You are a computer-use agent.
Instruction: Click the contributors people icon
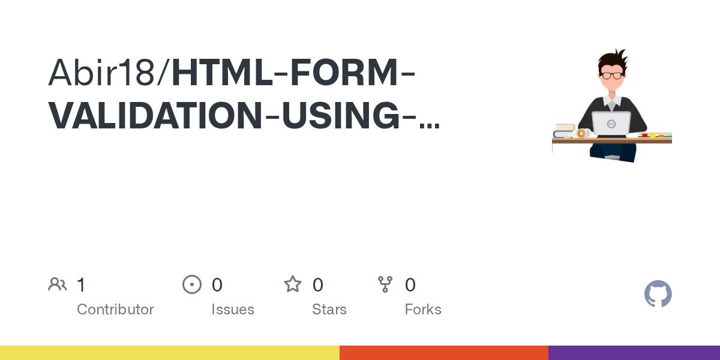(58, 284)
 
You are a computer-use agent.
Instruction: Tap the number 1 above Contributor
(81, 285)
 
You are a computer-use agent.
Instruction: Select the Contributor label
(115, 310)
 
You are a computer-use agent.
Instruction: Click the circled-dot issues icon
(192, 284)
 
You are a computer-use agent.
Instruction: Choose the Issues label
(233, 310)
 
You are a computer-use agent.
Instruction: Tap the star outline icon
(293, 284)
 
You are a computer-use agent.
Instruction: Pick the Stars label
(329, 310)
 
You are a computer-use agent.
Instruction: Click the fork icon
(385, 284)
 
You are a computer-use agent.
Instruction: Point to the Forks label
(423, 310)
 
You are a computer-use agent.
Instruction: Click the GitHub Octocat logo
(658, 294)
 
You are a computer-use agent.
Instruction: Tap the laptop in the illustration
(611, 124)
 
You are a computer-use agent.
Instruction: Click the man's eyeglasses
(611, 75)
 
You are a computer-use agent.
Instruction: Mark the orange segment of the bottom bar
(444, 353)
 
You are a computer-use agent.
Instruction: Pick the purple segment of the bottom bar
(634, 353)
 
